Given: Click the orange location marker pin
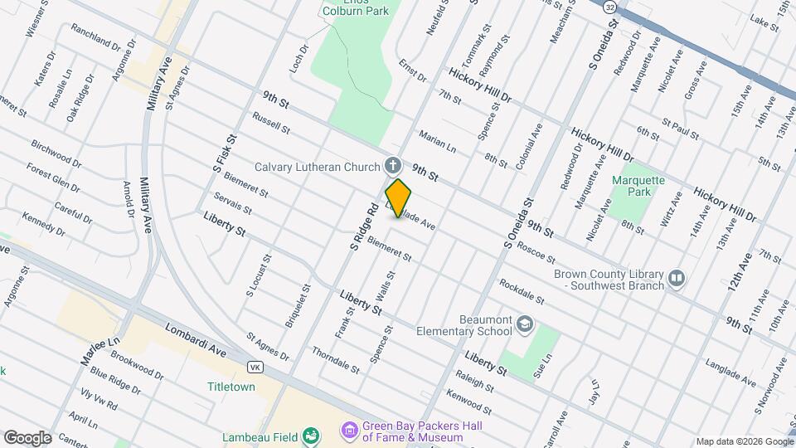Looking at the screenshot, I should [x=399, y=198].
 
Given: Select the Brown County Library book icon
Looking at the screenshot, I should [x=677, y=278].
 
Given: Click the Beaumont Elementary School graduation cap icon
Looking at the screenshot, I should [x=523, y=323].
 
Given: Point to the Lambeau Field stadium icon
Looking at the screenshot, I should [x=311, y=436].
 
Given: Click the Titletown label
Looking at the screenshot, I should [x=231, y=387].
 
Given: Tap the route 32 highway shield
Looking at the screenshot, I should [x=610, y=7].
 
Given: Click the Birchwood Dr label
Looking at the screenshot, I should [x=56, y=153].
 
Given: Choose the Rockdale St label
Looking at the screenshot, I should [x=522, y=291].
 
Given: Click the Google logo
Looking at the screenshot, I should [x=28, y=437].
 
